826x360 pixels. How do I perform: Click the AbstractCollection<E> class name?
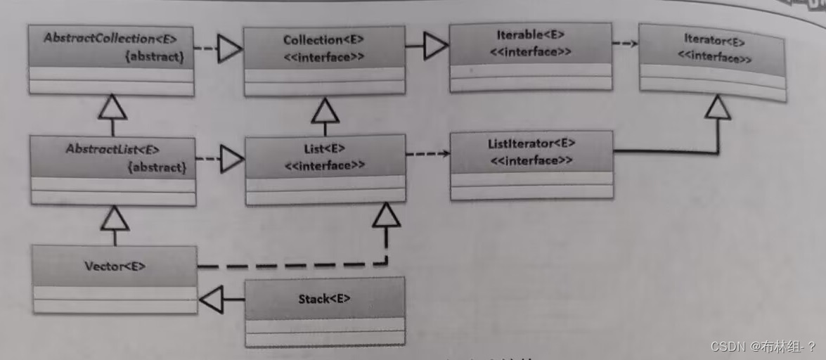(x=110, y=39)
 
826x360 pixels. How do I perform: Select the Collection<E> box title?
(x=324, y=40)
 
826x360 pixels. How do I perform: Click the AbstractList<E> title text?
(x=112, y=149)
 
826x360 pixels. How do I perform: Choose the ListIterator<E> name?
(x=531, y=143)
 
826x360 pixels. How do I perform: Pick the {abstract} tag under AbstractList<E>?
(x=157, y=167)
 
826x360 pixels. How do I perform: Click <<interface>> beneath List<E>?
(x=324, y=166)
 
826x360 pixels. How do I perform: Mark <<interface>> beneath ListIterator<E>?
(x=531, y=160)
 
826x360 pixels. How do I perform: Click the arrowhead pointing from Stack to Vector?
(x=212, y=299)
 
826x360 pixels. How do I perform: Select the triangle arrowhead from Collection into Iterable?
(x=435, y=47)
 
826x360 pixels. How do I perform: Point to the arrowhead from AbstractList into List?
(x=231, y=159)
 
